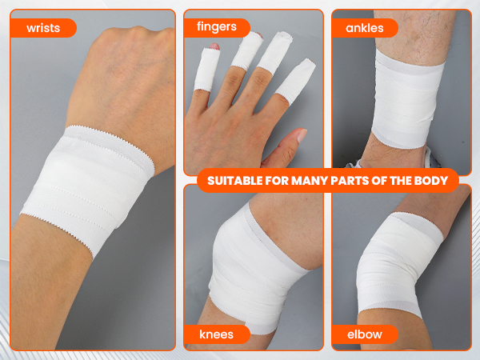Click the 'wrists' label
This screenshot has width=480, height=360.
[x=42, y=28]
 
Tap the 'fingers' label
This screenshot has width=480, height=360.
[x=217, y=26]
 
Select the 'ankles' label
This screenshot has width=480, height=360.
[x=365, y=28]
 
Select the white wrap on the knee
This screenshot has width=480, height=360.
[x=248, y=264]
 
